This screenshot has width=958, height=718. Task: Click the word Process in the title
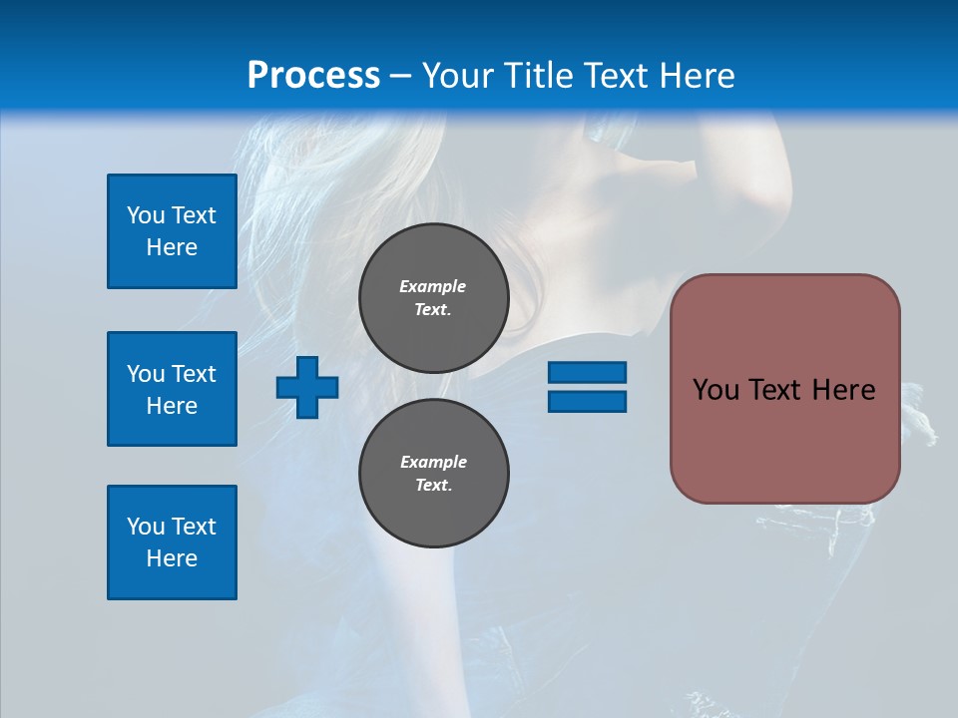coord(313,76)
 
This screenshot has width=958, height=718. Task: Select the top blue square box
coord(172,231)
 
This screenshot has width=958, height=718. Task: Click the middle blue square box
coord(172,389)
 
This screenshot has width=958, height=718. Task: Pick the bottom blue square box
coord(172,542)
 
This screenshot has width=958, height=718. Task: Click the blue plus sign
coord(307,388)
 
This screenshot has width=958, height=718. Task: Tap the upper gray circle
coord(433,298)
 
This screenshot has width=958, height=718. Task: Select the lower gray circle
coord(433,474)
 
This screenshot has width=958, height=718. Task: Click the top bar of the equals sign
coord(587,373)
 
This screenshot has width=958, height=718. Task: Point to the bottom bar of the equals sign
coord(587,401)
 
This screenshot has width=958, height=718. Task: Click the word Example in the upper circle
coord(433,286)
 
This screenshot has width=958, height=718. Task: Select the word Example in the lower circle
coord(433,462)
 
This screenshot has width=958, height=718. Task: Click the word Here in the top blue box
coord(172,247)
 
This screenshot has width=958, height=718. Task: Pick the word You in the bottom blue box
coord(146,527)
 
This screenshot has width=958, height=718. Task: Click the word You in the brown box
coord(716,390)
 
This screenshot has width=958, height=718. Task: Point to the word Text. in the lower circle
coord(433,486)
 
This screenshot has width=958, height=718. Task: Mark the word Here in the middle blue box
coord(172,406)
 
